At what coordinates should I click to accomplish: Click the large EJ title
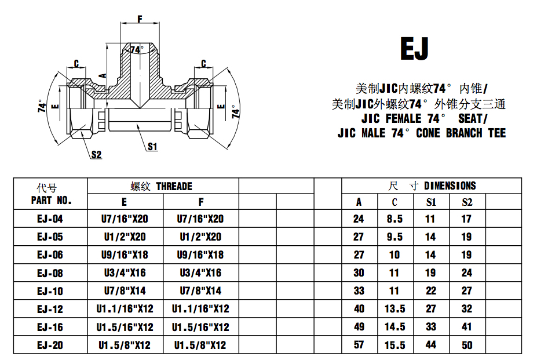coord(414,49)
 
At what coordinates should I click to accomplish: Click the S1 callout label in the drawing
coord(152,147)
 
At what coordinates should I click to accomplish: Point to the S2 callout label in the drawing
coord(97,155)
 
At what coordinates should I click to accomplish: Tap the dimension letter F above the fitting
coord(140,19)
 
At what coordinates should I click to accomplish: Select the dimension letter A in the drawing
coord(103,76)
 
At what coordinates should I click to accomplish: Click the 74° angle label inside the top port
coord(137,50)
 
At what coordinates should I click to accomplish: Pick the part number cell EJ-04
coord(50,219)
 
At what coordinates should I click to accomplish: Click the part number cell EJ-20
coord(50,345)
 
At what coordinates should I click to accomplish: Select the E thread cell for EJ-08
coord(125,273)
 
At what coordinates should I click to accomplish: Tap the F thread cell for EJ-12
coord(200,309)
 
